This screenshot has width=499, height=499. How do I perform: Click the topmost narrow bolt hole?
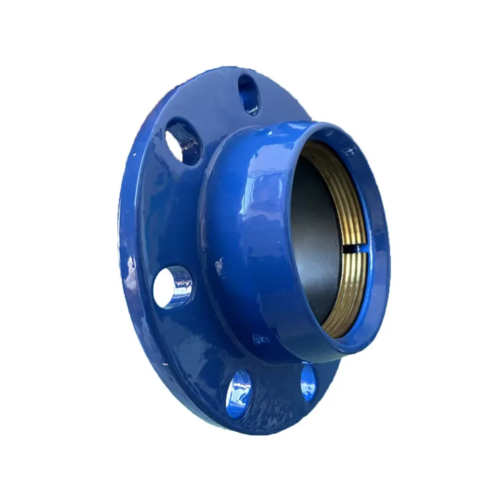pyautogui.click(x=249, y=94)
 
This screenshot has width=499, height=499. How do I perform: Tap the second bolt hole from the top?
pyautogui.click(x=184, y=141)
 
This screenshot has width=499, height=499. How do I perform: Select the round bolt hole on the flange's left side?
pyautogui.click(x=173, y=287)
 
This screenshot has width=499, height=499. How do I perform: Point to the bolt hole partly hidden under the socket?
pyautogui.click(x=308, y=381)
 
